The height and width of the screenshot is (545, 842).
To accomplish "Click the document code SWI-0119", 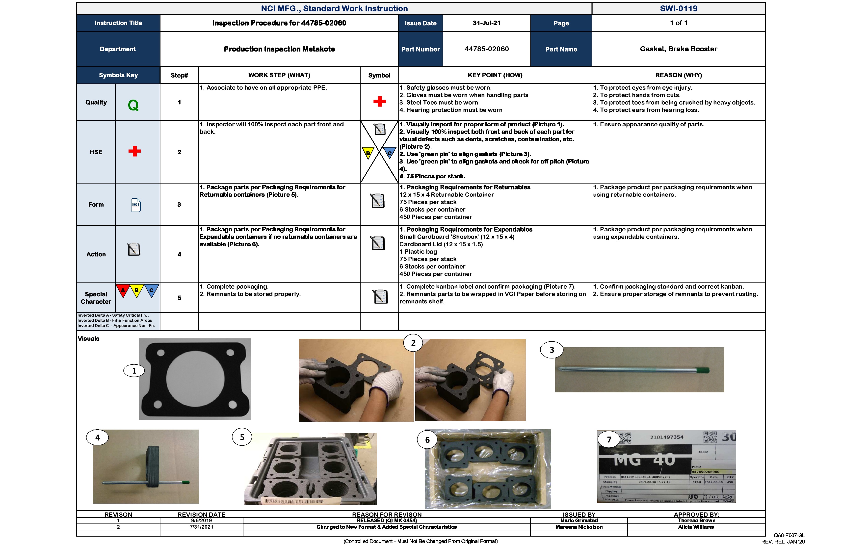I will pos(678,8).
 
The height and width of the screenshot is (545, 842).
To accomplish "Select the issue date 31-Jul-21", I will pos(486,23).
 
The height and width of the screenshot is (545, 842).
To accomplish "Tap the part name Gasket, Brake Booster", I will pos(678,49).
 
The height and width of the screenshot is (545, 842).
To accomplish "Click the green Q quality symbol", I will pos(133,105).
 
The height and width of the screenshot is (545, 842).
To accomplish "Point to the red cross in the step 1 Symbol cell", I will pos(379,102).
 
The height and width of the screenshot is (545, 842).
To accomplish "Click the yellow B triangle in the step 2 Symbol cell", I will pos(368,153).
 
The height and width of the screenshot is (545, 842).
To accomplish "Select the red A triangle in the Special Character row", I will pos(123,290).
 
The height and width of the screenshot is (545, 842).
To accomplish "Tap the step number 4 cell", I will pos(179,254).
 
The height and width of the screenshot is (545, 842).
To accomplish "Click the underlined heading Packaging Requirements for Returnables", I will pos(465,187).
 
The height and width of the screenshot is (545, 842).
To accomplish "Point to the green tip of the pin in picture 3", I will pos(703,370).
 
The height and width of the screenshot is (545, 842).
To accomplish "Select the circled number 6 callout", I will pos(427,439).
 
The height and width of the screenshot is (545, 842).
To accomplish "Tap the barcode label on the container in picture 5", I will pos(294,501).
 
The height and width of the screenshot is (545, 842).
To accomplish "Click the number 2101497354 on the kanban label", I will pos(666,437).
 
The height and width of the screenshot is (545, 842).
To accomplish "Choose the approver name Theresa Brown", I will pos(696,520).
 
